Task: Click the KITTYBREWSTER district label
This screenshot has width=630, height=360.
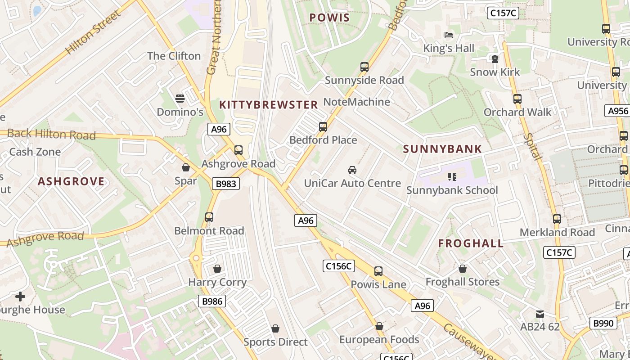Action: tap(268, 105)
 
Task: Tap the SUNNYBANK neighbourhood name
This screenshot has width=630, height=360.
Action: tap(442, 149)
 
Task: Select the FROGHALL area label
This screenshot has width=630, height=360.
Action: tap(471, 243)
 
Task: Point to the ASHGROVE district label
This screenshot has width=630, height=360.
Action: tap(71, 181)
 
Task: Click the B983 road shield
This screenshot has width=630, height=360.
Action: tap(225, 184)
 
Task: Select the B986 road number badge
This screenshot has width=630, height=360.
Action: tap(211, 301)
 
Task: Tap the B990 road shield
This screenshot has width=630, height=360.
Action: tap(603, 323)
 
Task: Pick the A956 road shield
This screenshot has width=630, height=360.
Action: tap(617, 111)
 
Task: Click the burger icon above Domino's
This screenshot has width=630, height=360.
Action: tap(180, 99)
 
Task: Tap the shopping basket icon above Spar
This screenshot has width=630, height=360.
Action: tap(186, 168)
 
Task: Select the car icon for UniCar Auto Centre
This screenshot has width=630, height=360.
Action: tap(352, 170)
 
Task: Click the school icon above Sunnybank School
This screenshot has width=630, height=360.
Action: tap(452, 177)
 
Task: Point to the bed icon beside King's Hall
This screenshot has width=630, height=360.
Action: tap(448, 35)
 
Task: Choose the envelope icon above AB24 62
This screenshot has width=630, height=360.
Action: tap(540, 314)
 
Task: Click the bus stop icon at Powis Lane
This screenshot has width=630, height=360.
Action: tap(378, 271)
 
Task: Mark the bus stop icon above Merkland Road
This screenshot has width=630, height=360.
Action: tap(557, 219)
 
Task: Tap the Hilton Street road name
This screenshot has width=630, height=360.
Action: tap(93, 32)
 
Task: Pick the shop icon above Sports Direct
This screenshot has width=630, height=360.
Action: tap(275, 329)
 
